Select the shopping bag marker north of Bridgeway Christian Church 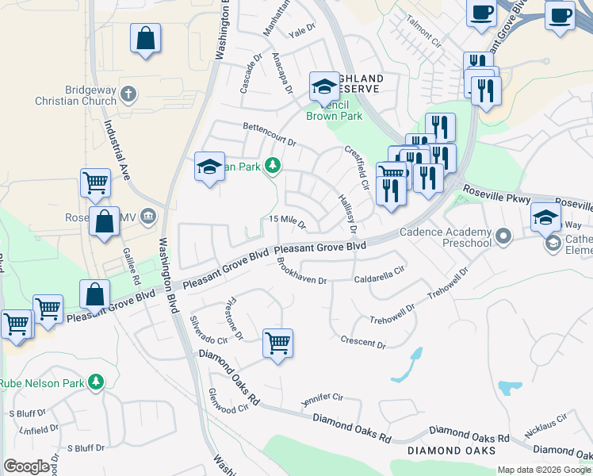coord(145,38)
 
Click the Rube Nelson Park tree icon coord(96,382)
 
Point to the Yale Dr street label coord(302,33)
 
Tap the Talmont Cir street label coord(423,29)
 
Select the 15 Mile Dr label coord(288,220)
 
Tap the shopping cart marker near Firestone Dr coord(277,344)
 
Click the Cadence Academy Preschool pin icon coord(503,235)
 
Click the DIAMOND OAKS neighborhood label coord(452,451)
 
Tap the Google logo coord(26,466)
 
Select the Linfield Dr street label coord(40,430)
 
